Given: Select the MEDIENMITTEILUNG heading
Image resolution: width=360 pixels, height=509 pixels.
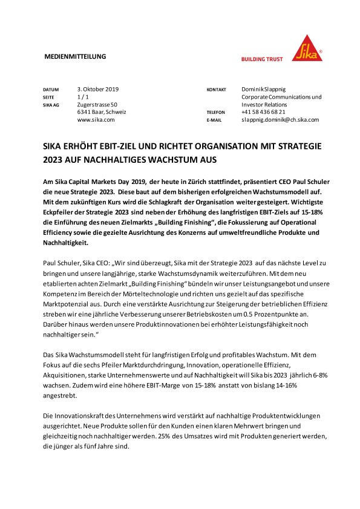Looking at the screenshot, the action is pos(76,56).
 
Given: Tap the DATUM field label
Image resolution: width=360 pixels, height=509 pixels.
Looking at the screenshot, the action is pos(51,90).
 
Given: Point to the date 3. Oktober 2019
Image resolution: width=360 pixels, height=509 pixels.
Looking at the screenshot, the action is pos(99,89).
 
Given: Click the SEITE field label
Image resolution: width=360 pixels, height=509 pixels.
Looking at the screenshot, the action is pos(49,97).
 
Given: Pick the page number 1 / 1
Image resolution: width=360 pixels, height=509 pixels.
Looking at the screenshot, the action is pos(83,97).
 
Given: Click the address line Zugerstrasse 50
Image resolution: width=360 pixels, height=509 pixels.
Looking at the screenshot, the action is pos(97,105).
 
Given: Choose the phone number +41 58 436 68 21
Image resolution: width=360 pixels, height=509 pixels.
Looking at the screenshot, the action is pos(263,112).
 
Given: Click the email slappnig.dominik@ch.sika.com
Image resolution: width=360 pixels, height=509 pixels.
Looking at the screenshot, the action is pos(280,120).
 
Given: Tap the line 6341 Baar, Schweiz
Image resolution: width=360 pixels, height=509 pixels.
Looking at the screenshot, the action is pos(101,112).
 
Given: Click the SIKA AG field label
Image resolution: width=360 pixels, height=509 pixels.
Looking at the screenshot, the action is pos(51,105).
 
